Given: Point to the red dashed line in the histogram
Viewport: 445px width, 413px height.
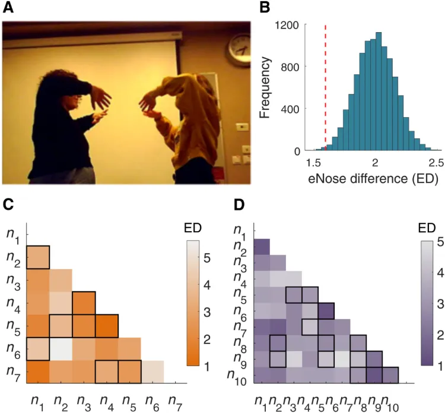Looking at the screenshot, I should (x=326, y=89).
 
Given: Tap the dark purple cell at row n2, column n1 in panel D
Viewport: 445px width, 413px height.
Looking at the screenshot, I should (x=262, y=246).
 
